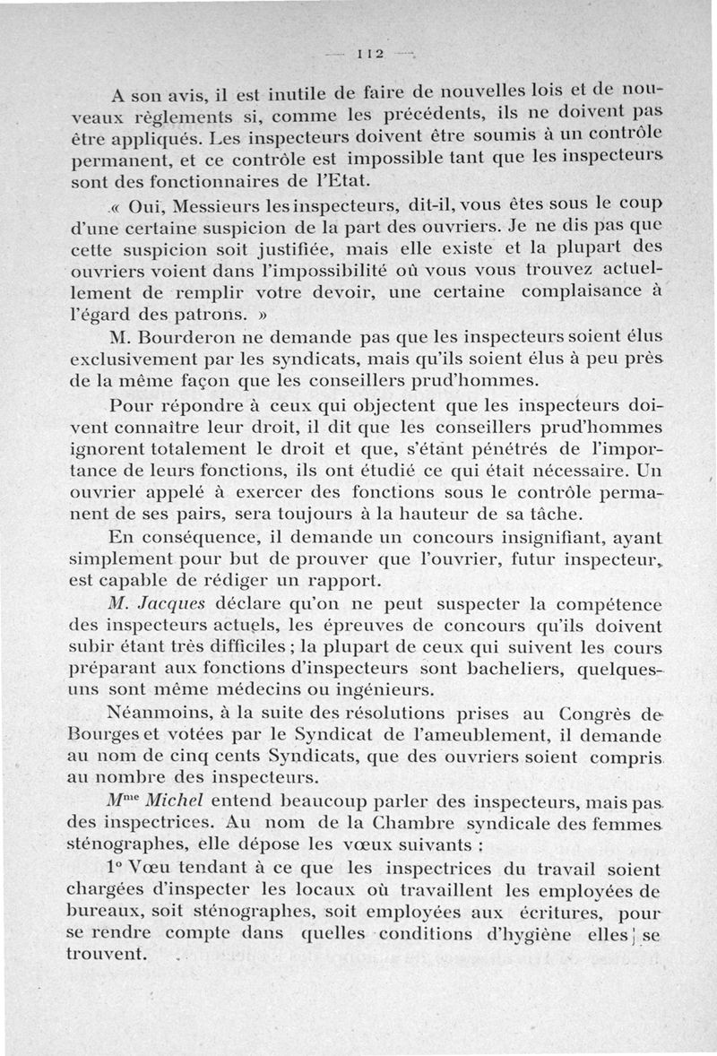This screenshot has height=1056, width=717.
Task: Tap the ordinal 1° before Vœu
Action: (x=116, y=870)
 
